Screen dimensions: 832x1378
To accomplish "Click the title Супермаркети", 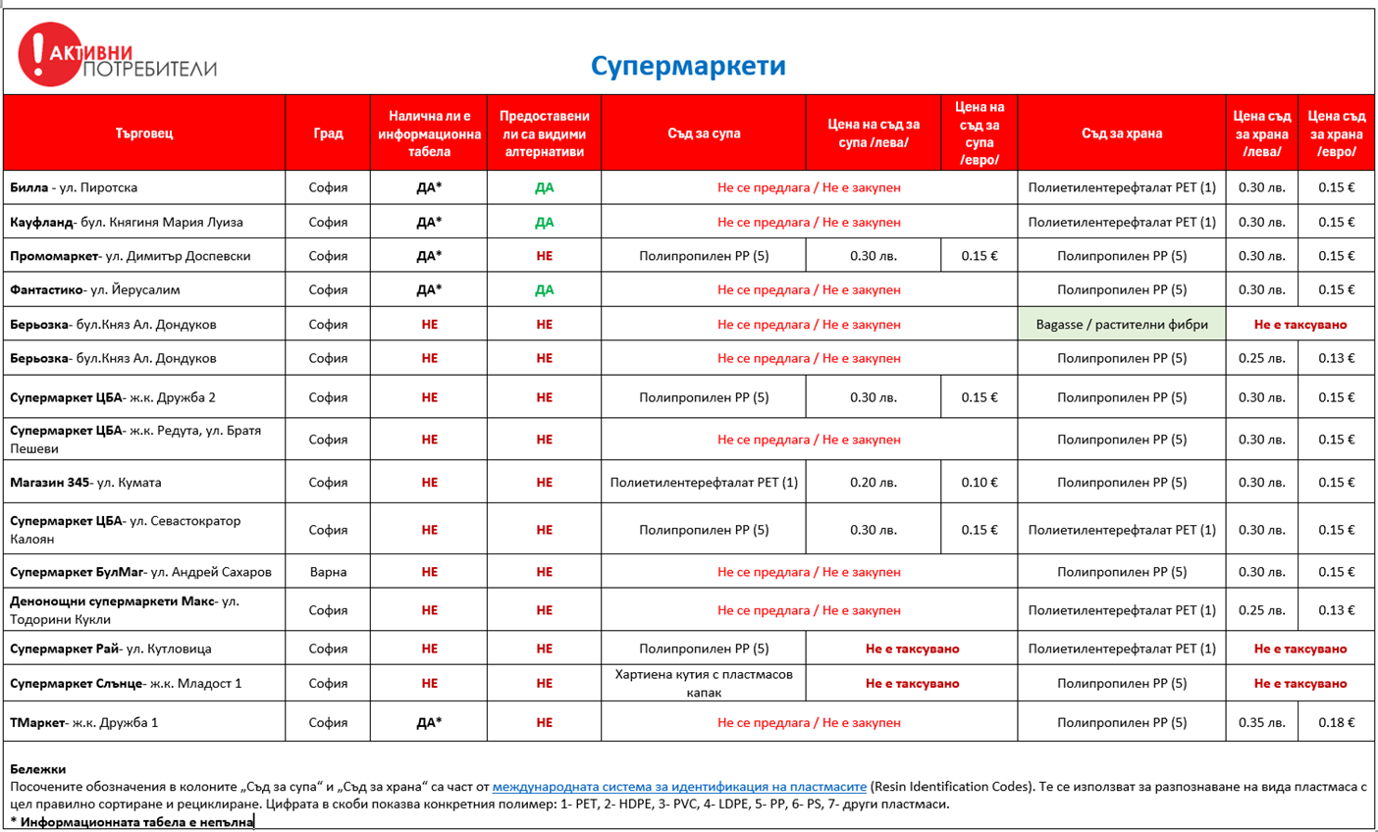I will click(x=688, y=66).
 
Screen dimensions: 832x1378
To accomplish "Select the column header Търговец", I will click(x=144, y=132).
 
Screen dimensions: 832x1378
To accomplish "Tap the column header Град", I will click(x=328, y=132).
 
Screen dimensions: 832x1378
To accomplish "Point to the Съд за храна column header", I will click(x=1121, y=132).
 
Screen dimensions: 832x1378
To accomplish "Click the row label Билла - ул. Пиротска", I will click(x=74, y=187).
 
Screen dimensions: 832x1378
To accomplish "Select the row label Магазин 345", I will click(x=85, y=482).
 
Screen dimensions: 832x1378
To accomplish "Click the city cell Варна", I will click(x=328, y=572).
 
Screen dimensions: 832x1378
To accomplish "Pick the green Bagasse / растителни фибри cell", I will click(x=1121, y=324).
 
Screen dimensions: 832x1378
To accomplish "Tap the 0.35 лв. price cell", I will click(x=1261, y=722).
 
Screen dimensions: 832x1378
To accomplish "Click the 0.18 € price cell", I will click(x=1336, y=722).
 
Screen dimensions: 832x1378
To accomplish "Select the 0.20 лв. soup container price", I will click(x=873, y=482).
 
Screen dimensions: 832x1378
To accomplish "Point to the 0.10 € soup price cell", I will click(x=979, y=482).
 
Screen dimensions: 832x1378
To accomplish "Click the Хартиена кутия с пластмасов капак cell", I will click(x=703, y=683).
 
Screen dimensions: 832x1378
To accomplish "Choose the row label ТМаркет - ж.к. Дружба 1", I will click(x=84, y=722).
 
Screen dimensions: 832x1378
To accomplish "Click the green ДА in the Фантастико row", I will click(x=544, y=289).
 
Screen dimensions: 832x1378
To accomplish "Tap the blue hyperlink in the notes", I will click(x=679, y=786).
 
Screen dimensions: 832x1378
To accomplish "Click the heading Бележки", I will click(x=37, y=768).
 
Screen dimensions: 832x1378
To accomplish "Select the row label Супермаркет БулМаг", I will click(x=140, y=572).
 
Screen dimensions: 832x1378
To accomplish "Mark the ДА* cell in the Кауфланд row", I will click(x=429, y=222).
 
